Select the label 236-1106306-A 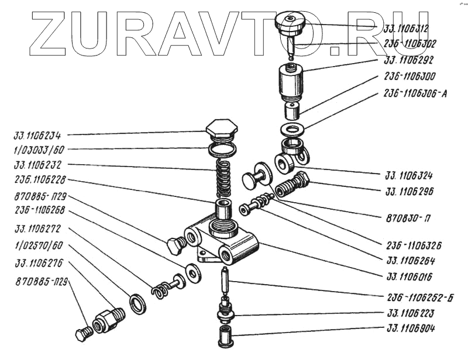(415, 93)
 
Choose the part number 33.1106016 (414, 276)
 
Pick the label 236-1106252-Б (419, 296)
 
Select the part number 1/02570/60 (39, 245)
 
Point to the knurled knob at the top (290, 23)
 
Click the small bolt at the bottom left (82, 335)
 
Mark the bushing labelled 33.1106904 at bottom (225, 337)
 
